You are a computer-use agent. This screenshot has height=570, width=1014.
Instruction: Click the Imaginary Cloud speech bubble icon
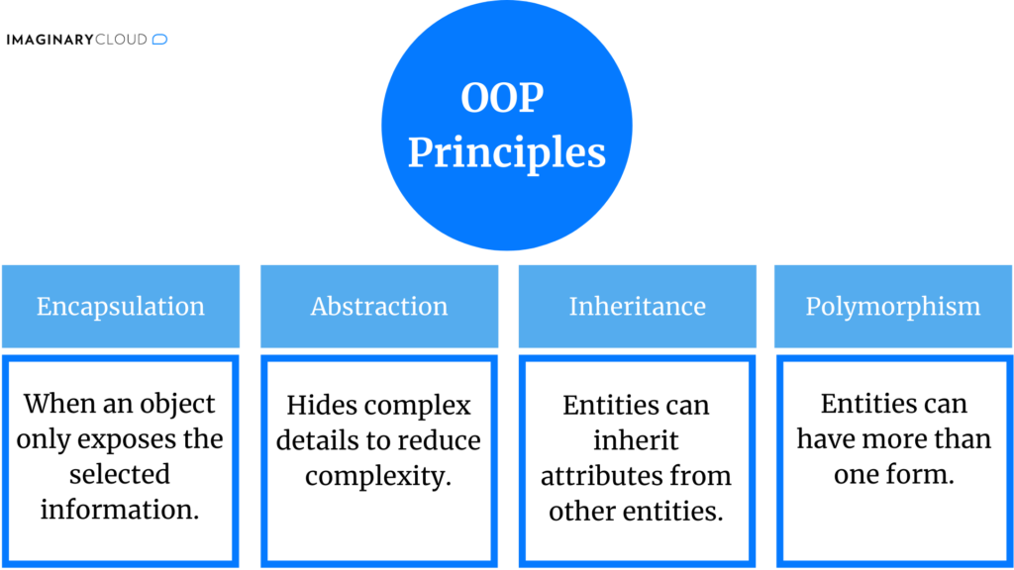point(160,40)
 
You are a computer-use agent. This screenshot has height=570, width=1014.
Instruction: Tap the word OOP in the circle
point(502,98)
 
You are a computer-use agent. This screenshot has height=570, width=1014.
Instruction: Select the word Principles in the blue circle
point(506,152)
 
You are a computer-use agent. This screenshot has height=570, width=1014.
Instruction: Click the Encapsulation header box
point(121,307)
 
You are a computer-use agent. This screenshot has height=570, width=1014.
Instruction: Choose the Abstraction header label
point(379,307)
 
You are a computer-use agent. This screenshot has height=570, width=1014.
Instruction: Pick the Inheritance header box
point(637,307)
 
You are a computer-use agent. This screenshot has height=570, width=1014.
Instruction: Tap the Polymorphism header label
point(893,307)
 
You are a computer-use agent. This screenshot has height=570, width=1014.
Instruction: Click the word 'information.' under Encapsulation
point(120,511)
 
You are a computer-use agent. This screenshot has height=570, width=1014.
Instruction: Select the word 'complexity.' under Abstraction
point(378,476)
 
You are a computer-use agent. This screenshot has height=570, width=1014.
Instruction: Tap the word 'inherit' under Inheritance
point(636,440)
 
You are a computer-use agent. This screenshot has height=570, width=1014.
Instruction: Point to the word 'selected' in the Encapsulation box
point(120,475)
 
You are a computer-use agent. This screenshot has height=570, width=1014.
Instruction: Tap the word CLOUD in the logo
point(123,40)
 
